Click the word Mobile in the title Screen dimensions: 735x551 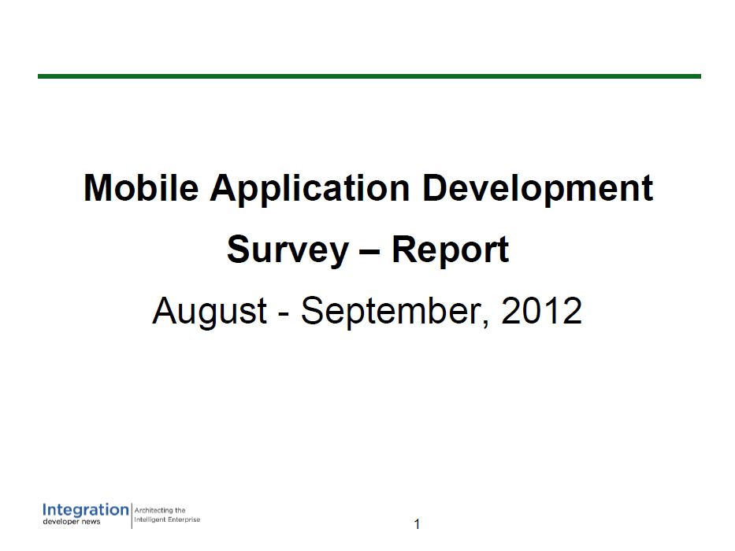pos(141,188)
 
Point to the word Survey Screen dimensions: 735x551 pos(288,250)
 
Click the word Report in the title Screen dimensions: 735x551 pos(450,250)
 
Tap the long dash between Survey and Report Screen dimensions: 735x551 pos(370,253)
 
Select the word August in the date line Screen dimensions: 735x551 pos(210,312)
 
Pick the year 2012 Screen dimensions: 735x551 pos(541,310)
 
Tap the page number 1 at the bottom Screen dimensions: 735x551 pos(418,524)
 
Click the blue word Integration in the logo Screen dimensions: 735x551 pos(85,511)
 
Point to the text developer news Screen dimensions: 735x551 pos(71,522)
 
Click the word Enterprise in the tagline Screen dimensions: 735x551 pos(184,520)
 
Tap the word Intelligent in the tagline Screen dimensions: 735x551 pos(150,520)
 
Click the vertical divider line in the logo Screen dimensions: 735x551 pos(132,515)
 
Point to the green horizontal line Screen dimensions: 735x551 pos(369,76)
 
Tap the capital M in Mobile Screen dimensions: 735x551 pos(97,188)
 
